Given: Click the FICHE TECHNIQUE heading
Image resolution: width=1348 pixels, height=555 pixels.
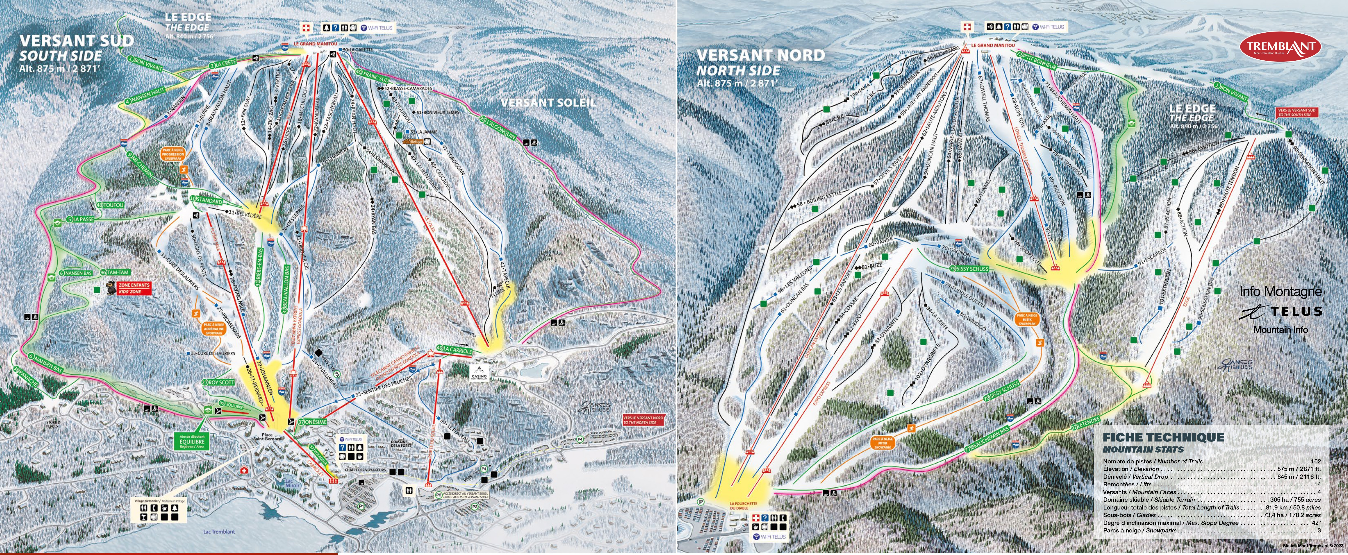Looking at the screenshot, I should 1163,437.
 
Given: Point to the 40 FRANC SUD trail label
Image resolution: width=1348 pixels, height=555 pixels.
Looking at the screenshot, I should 372,76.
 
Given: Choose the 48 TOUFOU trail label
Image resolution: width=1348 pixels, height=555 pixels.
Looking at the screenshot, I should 110,205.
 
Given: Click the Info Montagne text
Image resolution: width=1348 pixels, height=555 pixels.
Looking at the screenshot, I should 1280,291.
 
